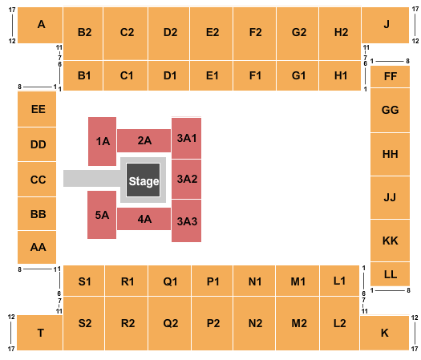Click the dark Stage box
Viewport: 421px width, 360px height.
click(143, 180)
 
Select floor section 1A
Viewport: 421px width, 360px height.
click(103, 141)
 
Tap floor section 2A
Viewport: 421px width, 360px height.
click(144, 140)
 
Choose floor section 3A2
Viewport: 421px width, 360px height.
click(186, 179)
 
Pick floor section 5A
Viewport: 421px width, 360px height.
click(102, 215)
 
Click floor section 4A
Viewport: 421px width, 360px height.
click(144, 219)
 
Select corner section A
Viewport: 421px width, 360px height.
click(40, 25)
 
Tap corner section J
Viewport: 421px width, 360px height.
click(385, 25)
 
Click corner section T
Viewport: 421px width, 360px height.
click(40, 333)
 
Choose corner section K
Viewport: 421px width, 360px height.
click(384, 333)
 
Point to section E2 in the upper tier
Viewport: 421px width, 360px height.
click(212, 34)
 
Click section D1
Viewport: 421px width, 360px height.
click(169, 75)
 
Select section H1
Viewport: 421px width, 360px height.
click(340, 75)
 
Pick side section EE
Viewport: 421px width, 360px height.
click(37, 109)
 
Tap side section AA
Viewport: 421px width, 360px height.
click(37, 247)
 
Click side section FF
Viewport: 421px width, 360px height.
click(390, 76)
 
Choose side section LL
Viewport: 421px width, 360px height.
click(390, 274)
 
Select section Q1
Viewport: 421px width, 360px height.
click(170, 281)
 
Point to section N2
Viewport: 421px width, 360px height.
click(254, 323)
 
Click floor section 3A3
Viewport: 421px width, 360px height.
click(186, 221)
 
